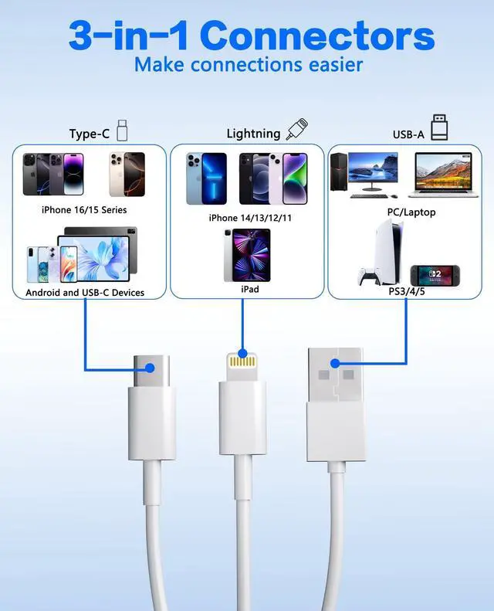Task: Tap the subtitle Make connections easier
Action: tap(248, 64)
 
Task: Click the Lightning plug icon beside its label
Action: tap(297, 128)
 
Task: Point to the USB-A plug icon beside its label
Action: tap(438, 127)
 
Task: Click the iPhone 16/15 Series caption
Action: tap(84, 209)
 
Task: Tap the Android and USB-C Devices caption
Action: tap(85, 293)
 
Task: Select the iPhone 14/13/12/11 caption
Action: tap(251, 218)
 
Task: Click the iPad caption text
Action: tap(250, 289)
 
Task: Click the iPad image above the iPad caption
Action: tap(247, 255)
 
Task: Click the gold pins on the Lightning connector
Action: tap(242, 359)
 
